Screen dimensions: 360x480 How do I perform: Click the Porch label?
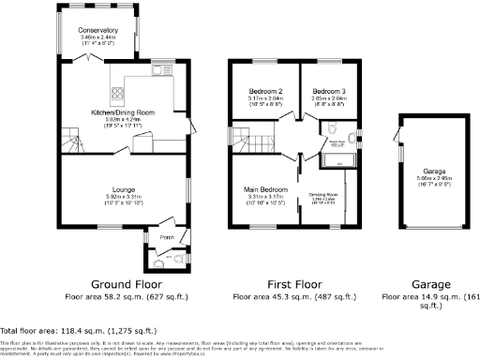[168, 236]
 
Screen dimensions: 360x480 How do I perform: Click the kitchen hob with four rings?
[118, 92]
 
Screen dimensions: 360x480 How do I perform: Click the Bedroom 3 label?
[328, 91]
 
